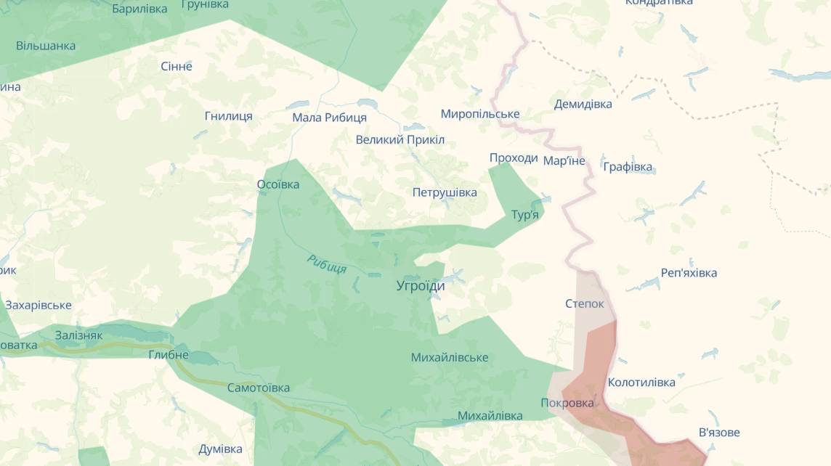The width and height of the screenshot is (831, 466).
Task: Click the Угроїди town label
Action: (421, 286)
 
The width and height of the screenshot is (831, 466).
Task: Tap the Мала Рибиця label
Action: (329, 118)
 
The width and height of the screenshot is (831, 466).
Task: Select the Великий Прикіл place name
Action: (400, 139)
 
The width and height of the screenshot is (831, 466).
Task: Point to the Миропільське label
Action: (480, 114)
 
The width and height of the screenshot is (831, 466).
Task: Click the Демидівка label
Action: (583, 104)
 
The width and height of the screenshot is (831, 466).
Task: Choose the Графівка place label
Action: (628, 167)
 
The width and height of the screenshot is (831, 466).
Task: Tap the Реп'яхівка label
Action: (689, 273)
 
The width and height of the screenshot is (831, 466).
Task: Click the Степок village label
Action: (584, 303)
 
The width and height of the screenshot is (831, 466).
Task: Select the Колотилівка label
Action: (641, 383)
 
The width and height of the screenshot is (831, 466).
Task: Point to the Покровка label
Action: (567, 403)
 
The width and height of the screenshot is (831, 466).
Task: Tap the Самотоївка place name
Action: (259, 388)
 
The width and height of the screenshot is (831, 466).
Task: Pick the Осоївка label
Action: (278, 184)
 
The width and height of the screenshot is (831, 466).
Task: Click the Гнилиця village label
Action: (229, 116)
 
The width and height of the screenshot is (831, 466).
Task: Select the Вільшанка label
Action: (46, 46)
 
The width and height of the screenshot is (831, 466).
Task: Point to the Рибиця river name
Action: (326, 264)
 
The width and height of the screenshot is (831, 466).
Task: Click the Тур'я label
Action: (525, 215)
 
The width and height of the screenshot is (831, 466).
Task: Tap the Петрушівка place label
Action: (445, 192)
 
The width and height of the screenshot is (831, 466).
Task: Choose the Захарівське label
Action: (38, 305)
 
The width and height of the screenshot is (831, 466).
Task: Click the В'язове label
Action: (719, 433)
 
